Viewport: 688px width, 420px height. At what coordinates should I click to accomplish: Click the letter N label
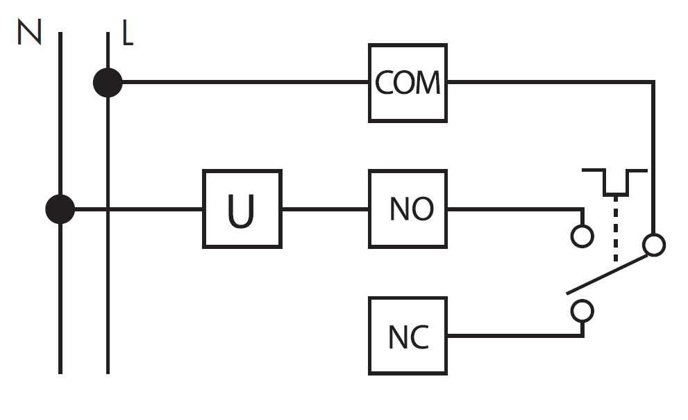pyautogui.click(x=29, y=31)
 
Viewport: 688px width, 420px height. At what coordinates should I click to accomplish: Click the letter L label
pyautogui.click(x=127, y=33)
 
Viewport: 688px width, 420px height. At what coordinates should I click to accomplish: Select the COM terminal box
pyautogui.click(x=408, y=83)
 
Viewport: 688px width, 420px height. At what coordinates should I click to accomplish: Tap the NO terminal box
pyautogui.click(x=408, y=209)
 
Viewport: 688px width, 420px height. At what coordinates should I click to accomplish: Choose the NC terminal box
pyautogui.click(x=408, y=336)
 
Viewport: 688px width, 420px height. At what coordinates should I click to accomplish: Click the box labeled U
pyautogui.click(x=242, y=209)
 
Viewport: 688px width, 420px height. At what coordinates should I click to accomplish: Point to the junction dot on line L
pyautogui.click(x=108, y=82)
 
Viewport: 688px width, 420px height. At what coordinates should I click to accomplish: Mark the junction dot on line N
pyautogui.click(x=60, y=209)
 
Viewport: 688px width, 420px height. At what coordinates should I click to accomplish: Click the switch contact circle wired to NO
pyautogui.click(x=582, y=236)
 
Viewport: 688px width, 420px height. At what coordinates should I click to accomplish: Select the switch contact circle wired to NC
pyautogui.click(x=582, y=311)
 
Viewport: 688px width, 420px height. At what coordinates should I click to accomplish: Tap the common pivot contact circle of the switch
pyautogui.click(x=654, y=245)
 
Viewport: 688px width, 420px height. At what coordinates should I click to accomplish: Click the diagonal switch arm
pyautogui.click(x=607, y=274)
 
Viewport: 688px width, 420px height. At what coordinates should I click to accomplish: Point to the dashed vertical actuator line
pyautogui.click(x=616, y=229)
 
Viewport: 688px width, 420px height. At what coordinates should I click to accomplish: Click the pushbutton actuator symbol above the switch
pyautogui.click(x=614, y=182)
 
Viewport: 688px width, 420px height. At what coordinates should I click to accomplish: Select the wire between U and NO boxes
pyautogui.click(x=325, y=209)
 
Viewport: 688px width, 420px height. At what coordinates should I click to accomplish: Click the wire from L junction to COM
pyautogui.click(x=245, y=82)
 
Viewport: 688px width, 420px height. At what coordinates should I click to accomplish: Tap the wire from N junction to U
pyautogui.click(x=138, y=209)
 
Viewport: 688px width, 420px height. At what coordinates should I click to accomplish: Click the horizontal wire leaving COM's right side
pyautogui.click(x=551, y=82)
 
